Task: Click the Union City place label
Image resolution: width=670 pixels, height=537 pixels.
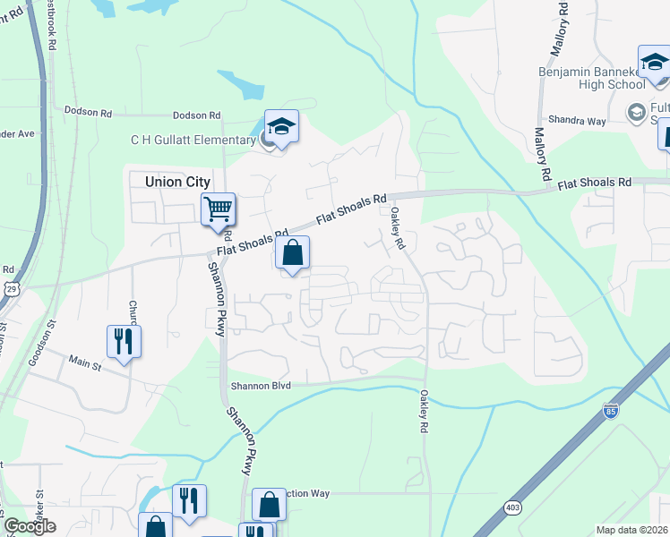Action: tap(177, 182)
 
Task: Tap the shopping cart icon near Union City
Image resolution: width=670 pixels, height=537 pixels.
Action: tap(218, 210)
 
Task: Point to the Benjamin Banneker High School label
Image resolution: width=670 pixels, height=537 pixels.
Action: tap(591, 77)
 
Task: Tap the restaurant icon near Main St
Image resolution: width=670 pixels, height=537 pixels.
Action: tap(124, 341)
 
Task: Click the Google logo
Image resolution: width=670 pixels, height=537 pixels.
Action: tap(30, 527)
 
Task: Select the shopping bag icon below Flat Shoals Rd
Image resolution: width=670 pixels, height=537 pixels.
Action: tap(292, 254)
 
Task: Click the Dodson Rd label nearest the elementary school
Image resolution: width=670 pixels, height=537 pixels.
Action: tap(196, 115)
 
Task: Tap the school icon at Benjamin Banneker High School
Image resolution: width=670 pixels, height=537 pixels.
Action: tap(654, 62)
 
